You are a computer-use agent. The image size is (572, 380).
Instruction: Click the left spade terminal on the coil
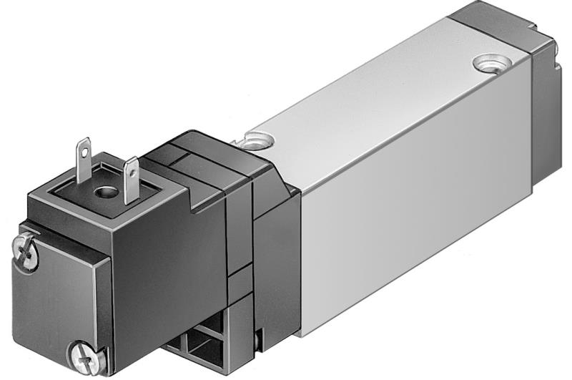click(83, 155)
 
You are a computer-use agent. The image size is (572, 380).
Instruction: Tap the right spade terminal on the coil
click(131, 180)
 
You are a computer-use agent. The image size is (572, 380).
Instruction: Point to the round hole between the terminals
click(107, 192)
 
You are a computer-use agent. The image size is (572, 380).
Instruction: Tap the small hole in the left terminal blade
click(84, 148)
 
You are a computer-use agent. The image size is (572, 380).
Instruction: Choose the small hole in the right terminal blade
click(131, 170)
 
